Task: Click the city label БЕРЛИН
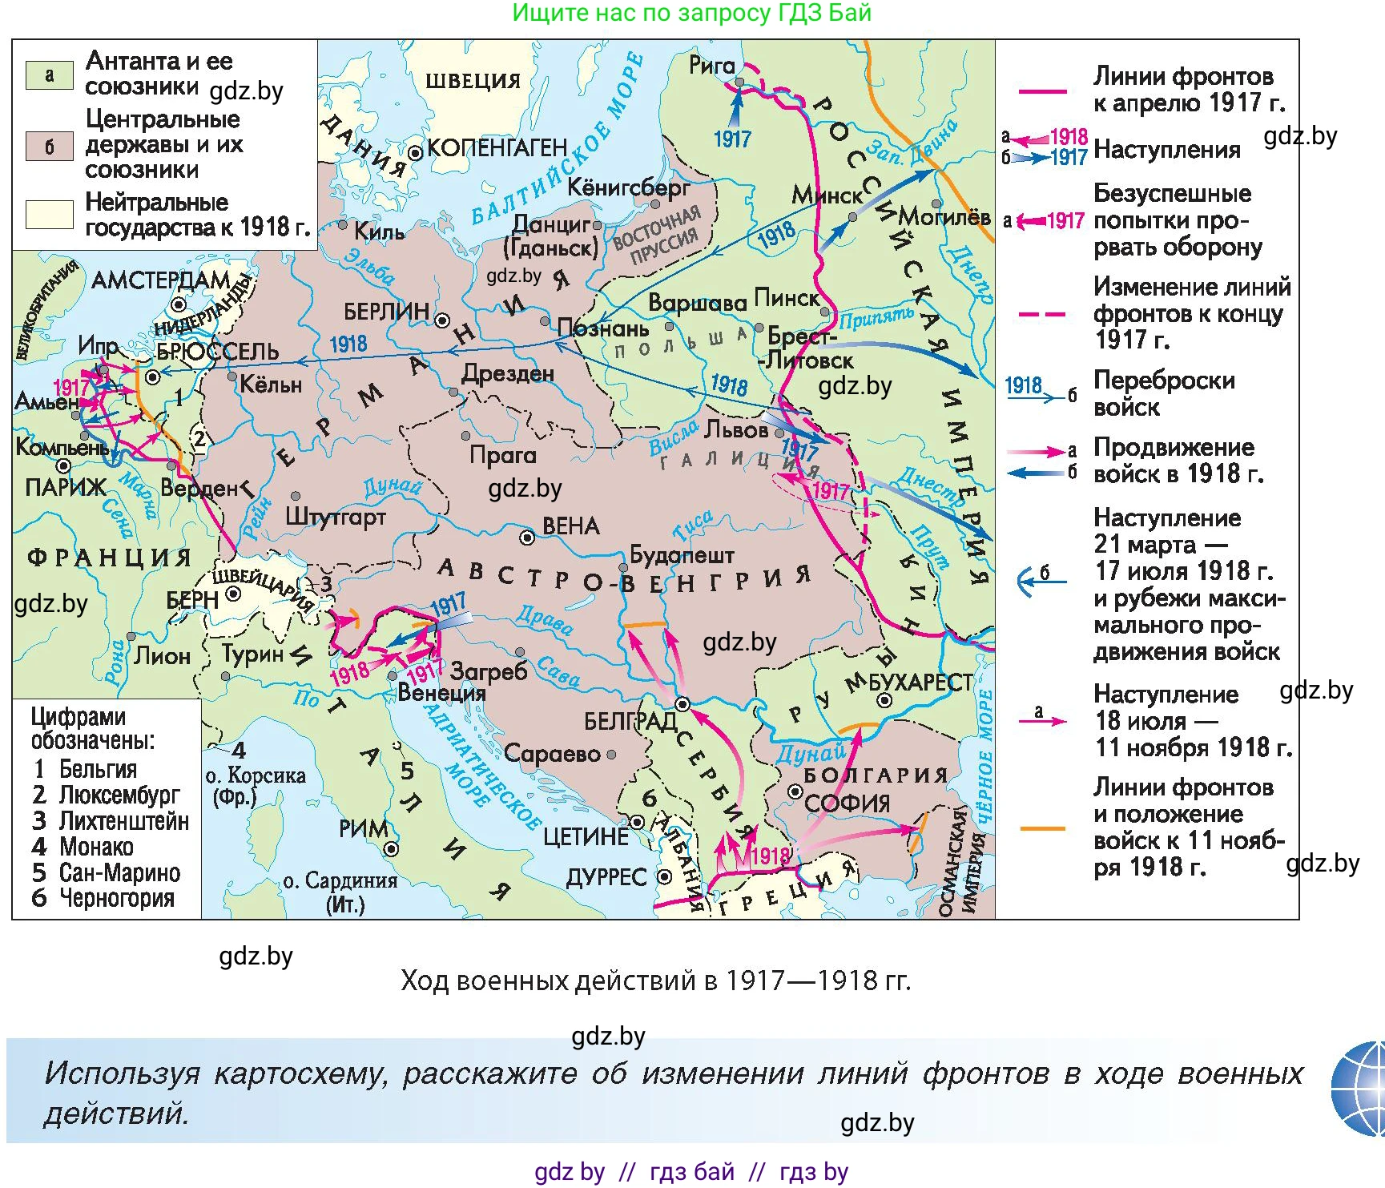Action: point(386,312)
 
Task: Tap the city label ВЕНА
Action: point(570,526)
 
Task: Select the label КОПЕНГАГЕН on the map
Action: point(497,148)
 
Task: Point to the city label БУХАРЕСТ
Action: point(920,683)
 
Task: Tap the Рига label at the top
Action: point(711,66)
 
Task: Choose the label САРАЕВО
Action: point(552,754)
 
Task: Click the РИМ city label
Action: point(363,829)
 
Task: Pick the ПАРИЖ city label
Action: point(66,488)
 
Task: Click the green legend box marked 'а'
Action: point(50,75)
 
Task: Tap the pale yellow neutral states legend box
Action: point(50,215)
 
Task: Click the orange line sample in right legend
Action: point(1042,828)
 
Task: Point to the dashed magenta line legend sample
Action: point(1042,314)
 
